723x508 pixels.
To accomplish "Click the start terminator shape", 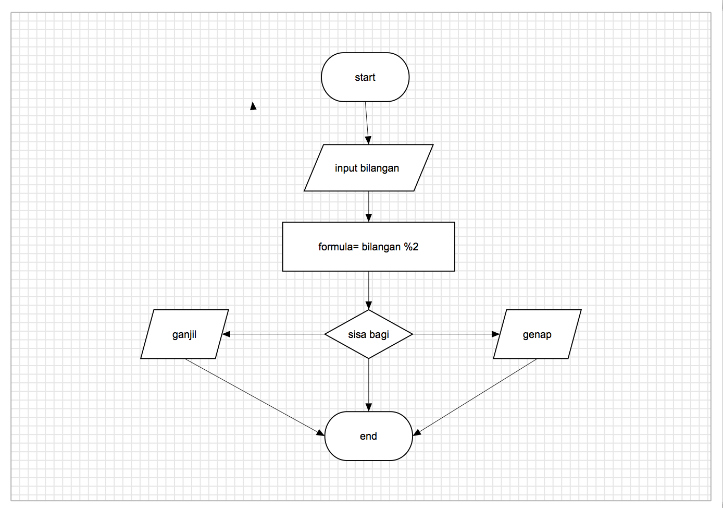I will pos(365,77).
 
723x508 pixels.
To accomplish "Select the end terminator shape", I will pos(368,436).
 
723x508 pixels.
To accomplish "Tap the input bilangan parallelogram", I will pos(368,168).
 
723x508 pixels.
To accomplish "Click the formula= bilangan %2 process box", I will pos(368,247).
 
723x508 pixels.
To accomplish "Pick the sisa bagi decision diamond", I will pos(368,334).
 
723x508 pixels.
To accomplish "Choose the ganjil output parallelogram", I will pos(184,334).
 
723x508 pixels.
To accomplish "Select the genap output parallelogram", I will pos(537,334).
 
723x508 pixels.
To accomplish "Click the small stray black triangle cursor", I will pos(253,106).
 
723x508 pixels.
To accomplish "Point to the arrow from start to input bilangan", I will pos(367,123).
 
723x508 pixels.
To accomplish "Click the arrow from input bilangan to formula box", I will pos(369,206).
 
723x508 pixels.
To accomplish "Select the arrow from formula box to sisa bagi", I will pos(369,290).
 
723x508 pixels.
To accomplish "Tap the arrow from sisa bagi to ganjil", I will pos(273,334).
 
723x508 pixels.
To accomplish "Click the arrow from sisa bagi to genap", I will pos(456,334).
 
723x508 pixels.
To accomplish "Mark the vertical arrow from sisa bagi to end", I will pos(369,385).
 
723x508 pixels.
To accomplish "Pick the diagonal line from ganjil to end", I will pos(254,397).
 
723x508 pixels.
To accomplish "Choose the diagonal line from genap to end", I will pos(475,397).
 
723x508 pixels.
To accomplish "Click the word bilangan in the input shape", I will pos(380,168).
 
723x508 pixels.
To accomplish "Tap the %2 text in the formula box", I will pos(411,247).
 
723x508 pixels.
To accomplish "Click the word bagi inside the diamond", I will pos(379,334).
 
